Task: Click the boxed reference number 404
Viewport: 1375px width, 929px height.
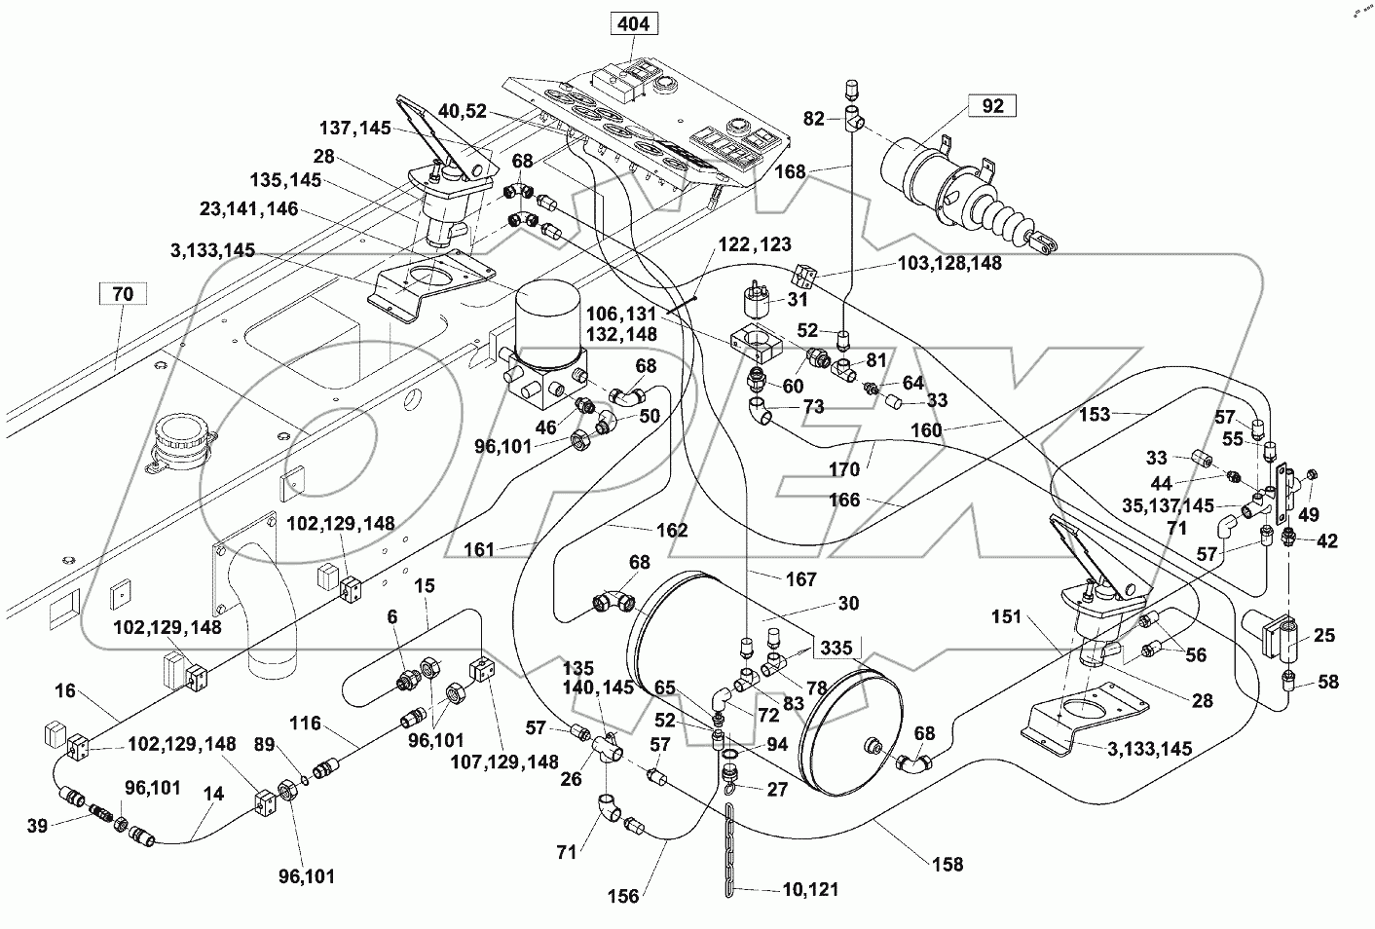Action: tap(633, 22)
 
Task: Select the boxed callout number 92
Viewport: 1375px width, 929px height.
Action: tap(991, 106)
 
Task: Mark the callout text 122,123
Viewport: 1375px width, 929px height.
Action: tap(756, 244)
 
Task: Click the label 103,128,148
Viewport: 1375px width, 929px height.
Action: tap(950, 262)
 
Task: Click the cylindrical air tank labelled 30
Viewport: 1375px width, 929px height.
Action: tap(740, 672)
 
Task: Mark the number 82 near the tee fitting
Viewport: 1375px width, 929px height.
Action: tap(814, 119)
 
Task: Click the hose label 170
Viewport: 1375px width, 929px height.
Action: tap(844, 469)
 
